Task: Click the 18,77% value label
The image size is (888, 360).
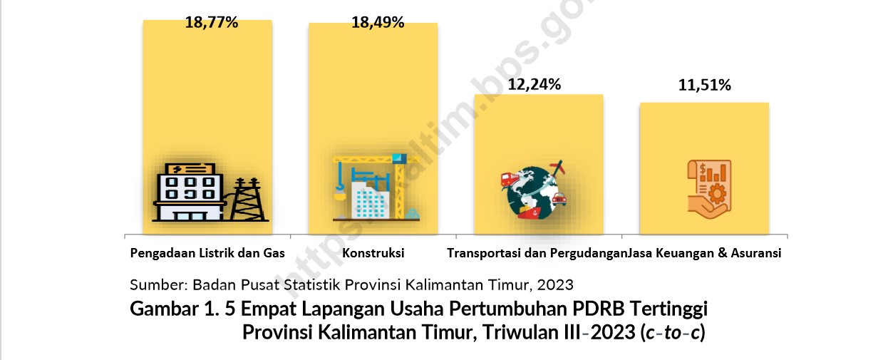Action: [x=212, y=23]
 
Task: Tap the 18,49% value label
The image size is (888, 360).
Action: [x=378, y=23]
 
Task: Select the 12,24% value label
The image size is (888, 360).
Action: [x=535, y=84]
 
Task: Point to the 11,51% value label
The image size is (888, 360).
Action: [x=704, y=86]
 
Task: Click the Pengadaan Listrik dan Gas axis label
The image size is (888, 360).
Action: [x=207, y=253]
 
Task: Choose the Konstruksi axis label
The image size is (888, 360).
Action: [x=373, y=253]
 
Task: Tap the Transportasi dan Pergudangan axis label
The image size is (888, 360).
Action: [x=537, y=253]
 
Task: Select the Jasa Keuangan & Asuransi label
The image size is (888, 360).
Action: [x=704, y=253]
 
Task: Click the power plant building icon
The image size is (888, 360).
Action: [x=190, y=192]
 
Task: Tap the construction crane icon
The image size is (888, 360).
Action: [x=376, y=187]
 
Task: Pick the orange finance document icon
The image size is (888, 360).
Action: [x=709, y=189]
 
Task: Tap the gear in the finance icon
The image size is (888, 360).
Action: [x=717, y=194]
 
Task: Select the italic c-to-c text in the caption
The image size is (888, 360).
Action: [x=673, y=332]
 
